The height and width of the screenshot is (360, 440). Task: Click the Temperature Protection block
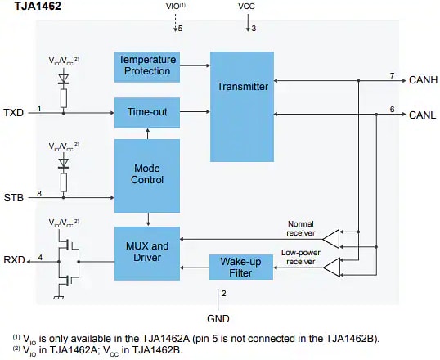coord(147,65)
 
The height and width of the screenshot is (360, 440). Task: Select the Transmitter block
coord(243,86)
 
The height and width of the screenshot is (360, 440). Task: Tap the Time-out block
coord(147,111)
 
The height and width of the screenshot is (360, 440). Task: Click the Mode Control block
coord(147,173)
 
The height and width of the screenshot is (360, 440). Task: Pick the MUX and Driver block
coord(147,251)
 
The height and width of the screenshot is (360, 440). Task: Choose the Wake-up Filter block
coord(243,267)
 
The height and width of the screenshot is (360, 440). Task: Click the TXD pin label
coord(13,112)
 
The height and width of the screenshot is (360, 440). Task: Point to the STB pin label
coord(13,198)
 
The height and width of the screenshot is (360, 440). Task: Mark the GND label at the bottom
coord(217,317)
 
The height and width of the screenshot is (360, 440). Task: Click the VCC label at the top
coord(246,7)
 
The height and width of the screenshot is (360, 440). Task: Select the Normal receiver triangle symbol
coord(330,238)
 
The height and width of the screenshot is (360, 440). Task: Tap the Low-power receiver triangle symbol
coord(330,267)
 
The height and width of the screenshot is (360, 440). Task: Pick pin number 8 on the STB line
coord(38,192)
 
